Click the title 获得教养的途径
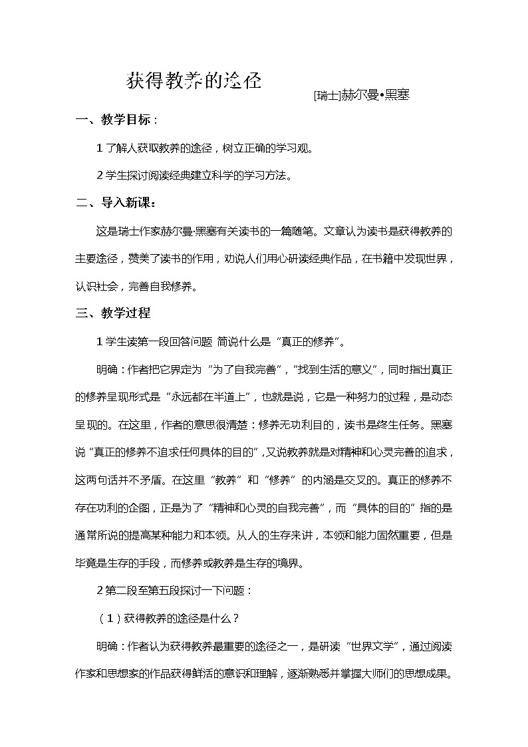click(194, 81)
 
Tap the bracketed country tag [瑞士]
click(327, 95)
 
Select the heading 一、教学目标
click(116, 120)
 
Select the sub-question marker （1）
click(110, 618)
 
